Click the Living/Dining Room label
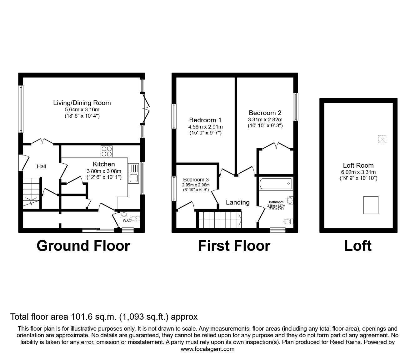pos(82,103)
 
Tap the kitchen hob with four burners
pos(107,151)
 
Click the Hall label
pos(41,166)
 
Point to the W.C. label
pos(127,220)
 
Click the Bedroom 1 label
pos(205,120)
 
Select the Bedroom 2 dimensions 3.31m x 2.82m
pos(265,119)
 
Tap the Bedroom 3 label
pos(196,180)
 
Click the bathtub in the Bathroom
pos(276,183)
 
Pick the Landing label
pos(237,202)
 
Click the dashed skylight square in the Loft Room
pos(382,139)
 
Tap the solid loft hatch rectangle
pos(371,205)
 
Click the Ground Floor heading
pos(83,246)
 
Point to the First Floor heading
pos(234,246)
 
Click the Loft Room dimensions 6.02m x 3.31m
pos(358,172)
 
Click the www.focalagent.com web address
pos(207,349)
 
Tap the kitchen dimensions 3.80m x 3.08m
pos(104,171)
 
